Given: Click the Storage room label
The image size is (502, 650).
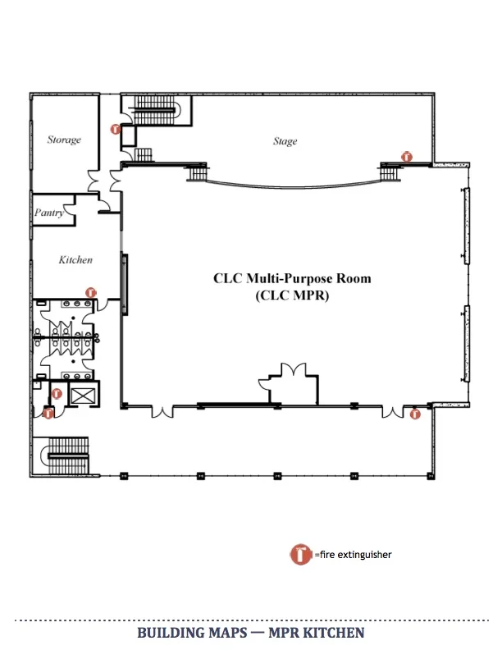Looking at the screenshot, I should [x=64, y=140].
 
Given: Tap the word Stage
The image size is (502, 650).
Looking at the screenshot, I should [x=285, y=141].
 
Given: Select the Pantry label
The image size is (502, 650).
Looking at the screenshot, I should [x=49, y=213].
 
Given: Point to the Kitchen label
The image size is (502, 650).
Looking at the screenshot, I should [x=75, y=259].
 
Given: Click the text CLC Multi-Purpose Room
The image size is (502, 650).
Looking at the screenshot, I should [x=292, y=278].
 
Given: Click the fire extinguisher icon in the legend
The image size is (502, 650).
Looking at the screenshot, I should [x=301, y=554].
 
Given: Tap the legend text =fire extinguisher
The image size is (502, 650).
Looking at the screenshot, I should [x=353, y=555].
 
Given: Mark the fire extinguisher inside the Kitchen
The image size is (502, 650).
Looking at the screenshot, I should [x=91, y=291].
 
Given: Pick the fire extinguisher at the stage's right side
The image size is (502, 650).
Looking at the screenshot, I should [x=405, y=156].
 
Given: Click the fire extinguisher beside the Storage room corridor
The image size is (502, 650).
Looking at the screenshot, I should [x=116, y=129].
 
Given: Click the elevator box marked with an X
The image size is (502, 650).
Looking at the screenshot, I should [x=83, y=396].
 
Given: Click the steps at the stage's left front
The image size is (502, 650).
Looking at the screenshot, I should [x=198, y=172].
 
